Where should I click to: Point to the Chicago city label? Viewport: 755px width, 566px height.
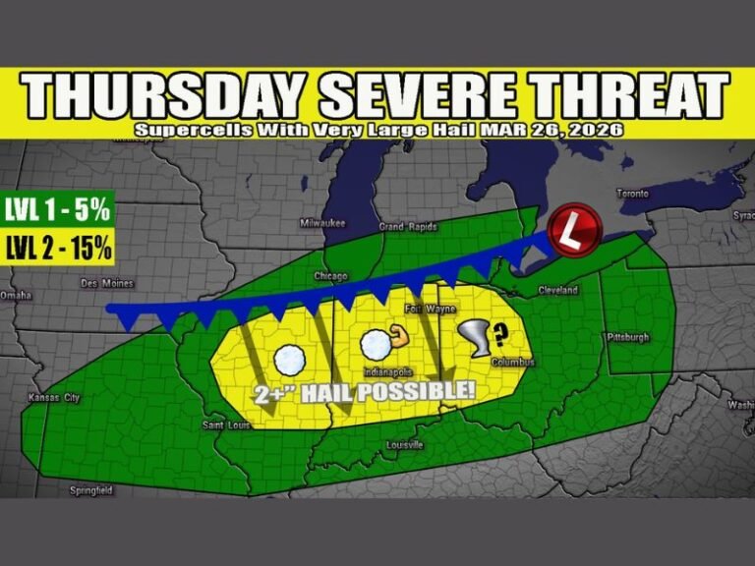coord(331,276)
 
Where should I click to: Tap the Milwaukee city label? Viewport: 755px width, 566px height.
coord(322,223)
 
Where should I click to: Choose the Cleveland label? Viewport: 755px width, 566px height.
coord(558,291)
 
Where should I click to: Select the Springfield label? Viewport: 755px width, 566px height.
coord(90,489)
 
